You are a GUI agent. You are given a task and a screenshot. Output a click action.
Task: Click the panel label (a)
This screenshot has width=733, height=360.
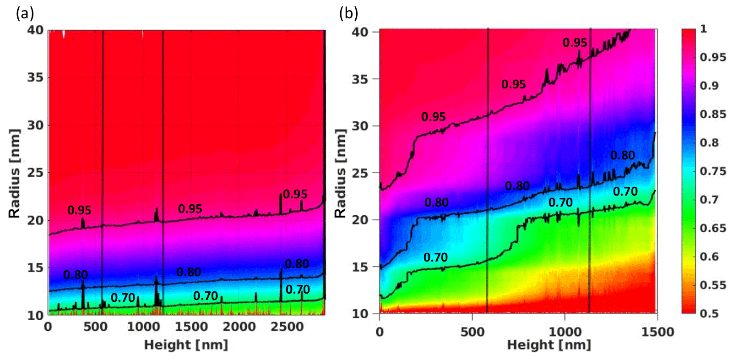(25, 14)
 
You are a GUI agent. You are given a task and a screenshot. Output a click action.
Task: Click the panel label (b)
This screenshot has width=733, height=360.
(348, 14)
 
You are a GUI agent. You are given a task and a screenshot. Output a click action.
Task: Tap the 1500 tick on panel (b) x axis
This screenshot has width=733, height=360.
(657, 332)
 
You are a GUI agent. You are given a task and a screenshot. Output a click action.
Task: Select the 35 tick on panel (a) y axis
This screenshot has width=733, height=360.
(35, 77)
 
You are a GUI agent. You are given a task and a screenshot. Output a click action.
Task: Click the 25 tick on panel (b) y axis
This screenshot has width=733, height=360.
(360, 173)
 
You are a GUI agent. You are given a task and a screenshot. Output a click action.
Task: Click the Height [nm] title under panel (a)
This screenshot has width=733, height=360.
(186, 344)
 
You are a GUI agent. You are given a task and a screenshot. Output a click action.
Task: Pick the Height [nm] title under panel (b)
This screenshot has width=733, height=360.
(549, 344)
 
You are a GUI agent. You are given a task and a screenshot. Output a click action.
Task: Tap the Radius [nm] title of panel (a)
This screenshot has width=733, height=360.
(15, 173)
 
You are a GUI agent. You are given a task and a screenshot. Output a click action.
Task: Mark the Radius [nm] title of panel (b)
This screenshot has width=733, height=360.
(340, 173)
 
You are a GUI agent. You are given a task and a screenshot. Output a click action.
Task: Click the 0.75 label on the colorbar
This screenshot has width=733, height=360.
(712, 171)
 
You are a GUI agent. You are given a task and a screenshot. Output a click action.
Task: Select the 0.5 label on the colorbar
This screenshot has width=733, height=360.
(709, 313)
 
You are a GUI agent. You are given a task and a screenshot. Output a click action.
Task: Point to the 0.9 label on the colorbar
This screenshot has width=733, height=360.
(709, 86)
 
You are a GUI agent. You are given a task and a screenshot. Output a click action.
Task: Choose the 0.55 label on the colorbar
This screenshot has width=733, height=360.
(712, 285)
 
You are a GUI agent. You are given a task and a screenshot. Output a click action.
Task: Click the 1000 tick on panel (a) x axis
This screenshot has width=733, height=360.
(142, 327)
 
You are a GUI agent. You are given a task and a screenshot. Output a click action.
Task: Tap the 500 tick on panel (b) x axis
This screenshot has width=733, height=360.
(472, 332)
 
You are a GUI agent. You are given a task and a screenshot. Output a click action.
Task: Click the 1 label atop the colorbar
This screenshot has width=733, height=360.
(704, 29)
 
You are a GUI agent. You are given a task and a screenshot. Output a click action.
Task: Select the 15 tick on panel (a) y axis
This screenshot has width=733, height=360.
(35, 267)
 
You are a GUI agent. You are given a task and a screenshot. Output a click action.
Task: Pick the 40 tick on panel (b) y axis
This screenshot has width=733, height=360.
(360, 32)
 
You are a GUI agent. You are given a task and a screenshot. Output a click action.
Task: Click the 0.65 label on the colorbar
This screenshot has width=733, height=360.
(712, 228)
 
